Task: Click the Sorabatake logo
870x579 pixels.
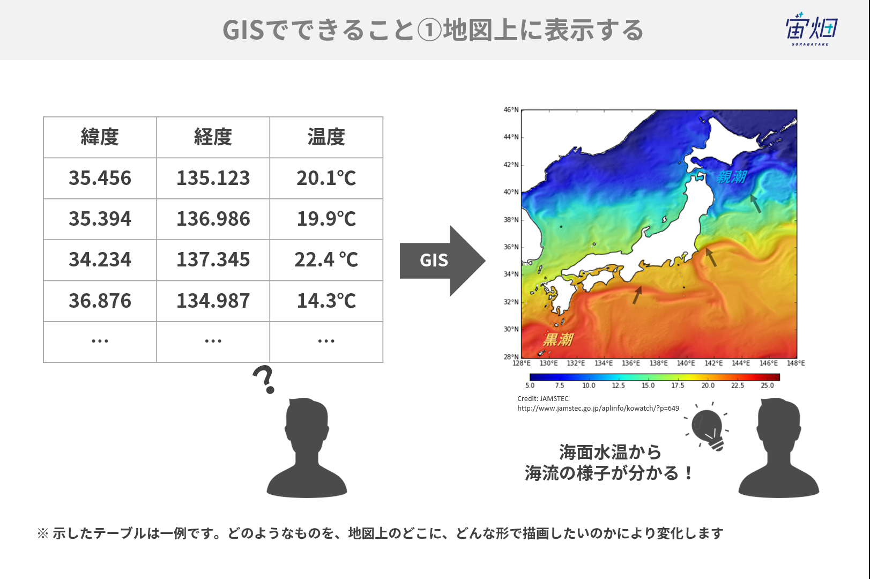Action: point(812,29)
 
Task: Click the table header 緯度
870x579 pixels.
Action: point(100,137)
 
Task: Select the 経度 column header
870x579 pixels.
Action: point(213,137)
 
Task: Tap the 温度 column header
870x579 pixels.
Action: point(326,137)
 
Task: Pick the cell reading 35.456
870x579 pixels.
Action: point(100,178)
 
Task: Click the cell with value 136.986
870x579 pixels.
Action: point(213,219)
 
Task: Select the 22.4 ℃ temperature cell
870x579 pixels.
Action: point(326,260)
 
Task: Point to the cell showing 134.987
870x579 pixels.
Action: point(213,301)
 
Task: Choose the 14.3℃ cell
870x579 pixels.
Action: point(326,301)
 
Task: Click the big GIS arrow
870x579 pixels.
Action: point(442,261)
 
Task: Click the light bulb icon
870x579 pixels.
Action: point(707,427)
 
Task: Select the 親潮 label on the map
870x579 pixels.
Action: point(731,177)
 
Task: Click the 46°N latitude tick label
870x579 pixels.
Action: point(511,110)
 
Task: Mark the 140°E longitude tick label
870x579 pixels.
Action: point(686,363)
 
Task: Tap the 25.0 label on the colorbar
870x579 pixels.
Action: point(768,385)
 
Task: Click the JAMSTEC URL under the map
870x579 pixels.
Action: point(598,409)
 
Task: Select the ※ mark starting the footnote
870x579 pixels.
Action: point(43,533)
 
